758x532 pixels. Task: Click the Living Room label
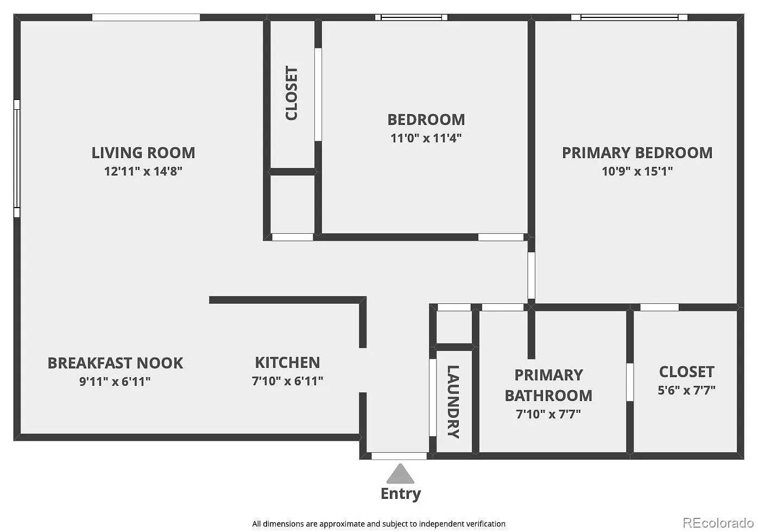[x=143, y=153]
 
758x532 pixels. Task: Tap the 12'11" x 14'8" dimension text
[x=143, y=171]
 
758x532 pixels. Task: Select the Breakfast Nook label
[x=115, y=363]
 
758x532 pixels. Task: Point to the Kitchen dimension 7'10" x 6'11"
[x=287, y=381]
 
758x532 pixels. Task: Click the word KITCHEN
[x=287, y=362]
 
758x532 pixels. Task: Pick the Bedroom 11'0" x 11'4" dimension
[x=426, y=138]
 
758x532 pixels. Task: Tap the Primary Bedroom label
[x=637, y=153]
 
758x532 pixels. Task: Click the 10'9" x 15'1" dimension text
[x=637, y=171]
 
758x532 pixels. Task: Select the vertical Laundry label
[x=453, y=402]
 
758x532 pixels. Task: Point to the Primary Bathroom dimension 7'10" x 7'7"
[x=548, y=414]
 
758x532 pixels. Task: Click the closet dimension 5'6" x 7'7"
[x=687, y=391]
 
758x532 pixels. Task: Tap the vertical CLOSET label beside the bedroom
[x=292, y=93]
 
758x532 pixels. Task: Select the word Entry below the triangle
[x=401, y=494]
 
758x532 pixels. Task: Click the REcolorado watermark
[x=718, y=523]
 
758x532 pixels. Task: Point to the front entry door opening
[x=399, y=456]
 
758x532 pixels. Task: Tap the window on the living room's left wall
[x=17, y=159]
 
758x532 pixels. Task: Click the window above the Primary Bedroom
[x=629, y=17]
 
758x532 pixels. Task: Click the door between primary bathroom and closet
[x=630, y=383]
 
